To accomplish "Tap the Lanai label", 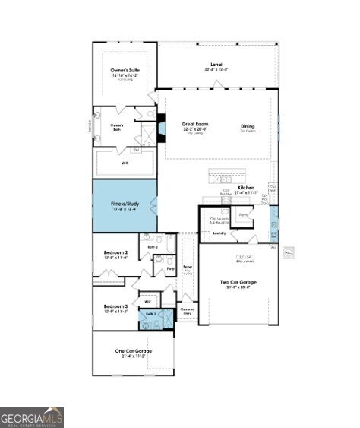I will (x=216, y=65).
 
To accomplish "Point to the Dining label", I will (x=248, y=127).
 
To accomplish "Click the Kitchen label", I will (x=246, y=187).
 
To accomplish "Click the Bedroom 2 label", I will (x=115, y=253).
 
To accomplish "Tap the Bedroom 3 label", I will (x=115, y=306).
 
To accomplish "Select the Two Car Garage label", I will (x=238, y=283).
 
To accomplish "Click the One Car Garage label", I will (x=134, y=350).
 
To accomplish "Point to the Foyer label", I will (x=187, y=268).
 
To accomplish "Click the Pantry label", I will (x=243, y=215).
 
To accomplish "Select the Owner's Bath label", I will (x=116, y=125).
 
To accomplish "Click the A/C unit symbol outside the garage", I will (x=288, y=251).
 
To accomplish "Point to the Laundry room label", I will (x=219, y=233).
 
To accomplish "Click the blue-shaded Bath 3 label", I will (x=150, y=314).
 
